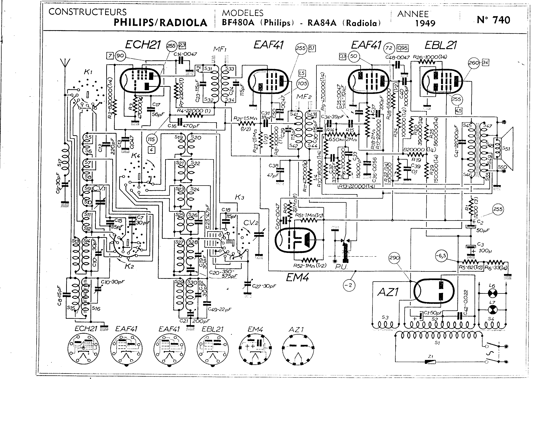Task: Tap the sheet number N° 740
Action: [494, 20]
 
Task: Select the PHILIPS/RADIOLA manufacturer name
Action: [160, 23]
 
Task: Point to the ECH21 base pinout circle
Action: [83, 349]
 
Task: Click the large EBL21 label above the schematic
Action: [440, 45]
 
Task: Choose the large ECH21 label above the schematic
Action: [143, 45]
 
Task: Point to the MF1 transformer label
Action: [220, 49]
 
